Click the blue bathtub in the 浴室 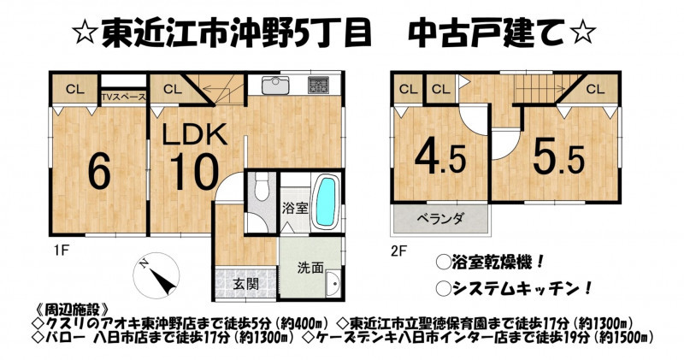(x=326, y=201)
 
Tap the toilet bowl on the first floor (x=262, y=186)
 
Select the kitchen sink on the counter (x=274, y=86)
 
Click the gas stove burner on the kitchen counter (x=319, y=86)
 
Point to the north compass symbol (x=156, y=275)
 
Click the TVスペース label (x=123, y=97)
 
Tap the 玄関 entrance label (x=245, y=284)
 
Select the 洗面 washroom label (x=310, y=268)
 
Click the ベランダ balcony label (x=440, y=219)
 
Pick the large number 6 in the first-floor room (x=99, y=172)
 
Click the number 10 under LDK (x=194, y=172)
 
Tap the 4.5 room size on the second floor (x=439, y=157)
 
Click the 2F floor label (x=398, y=251)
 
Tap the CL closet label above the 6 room (x=75, y=89)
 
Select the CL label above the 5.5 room (x=595, y=89)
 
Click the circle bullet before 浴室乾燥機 (x=443, y=263)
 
